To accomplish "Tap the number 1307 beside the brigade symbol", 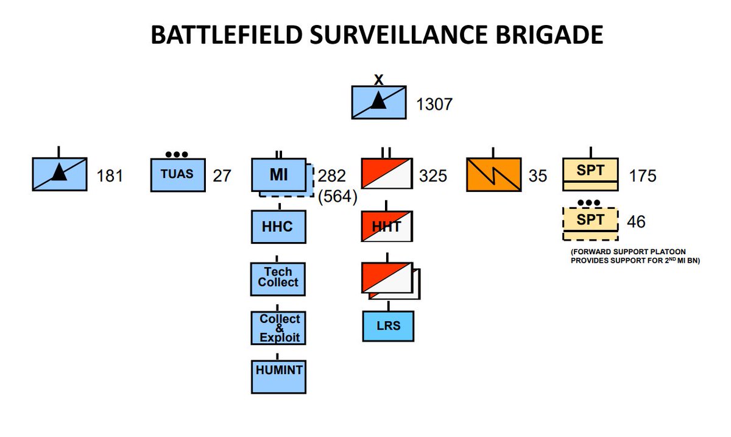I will point(434,104).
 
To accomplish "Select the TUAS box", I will point(177,175).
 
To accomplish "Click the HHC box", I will point(278,227).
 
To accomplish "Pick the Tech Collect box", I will point(278,278).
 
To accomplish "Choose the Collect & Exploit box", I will point(279,328).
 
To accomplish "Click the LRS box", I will point(389,325).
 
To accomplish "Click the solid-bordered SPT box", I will point(590,174).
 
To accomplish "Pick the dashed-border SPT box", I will point(590,224).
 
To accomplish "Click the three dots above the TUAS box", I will point(177,154).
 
